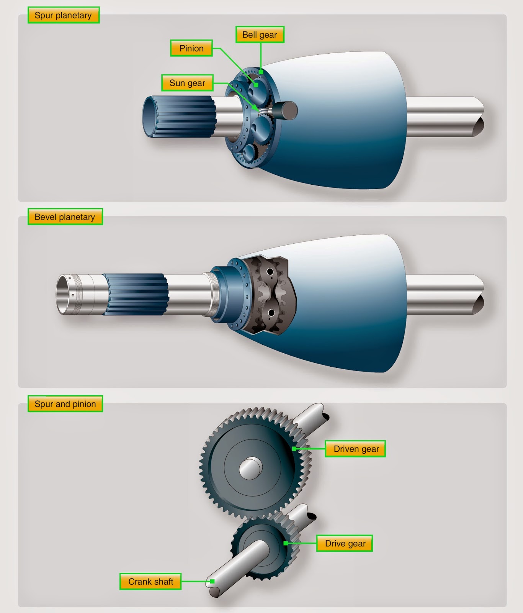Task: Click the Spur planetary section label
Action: point(63,15)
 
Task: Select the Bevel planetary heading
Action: point(65,217)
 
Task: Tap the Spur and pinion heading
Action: point(65,404)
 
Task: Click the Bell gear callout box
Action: point(260,35)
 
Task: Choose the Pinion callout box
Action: point(191,48)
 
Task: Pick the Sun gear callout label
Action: point(187,83)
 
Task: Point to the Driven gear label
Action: point(356,449)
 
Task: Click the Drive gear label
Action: point(345,543)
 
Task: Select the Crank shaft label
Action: point(150,582)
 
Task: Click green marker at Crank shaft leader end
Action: point(212,582)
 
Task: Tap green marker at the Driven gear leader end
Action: point(294,449)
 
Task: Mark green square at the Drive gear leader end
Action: point(285,543)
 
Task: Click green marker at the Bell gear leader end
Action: point(261,72)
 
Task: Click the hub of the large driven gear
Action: point(251,469)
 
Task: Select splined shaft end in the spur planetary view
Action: point(180,117)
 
